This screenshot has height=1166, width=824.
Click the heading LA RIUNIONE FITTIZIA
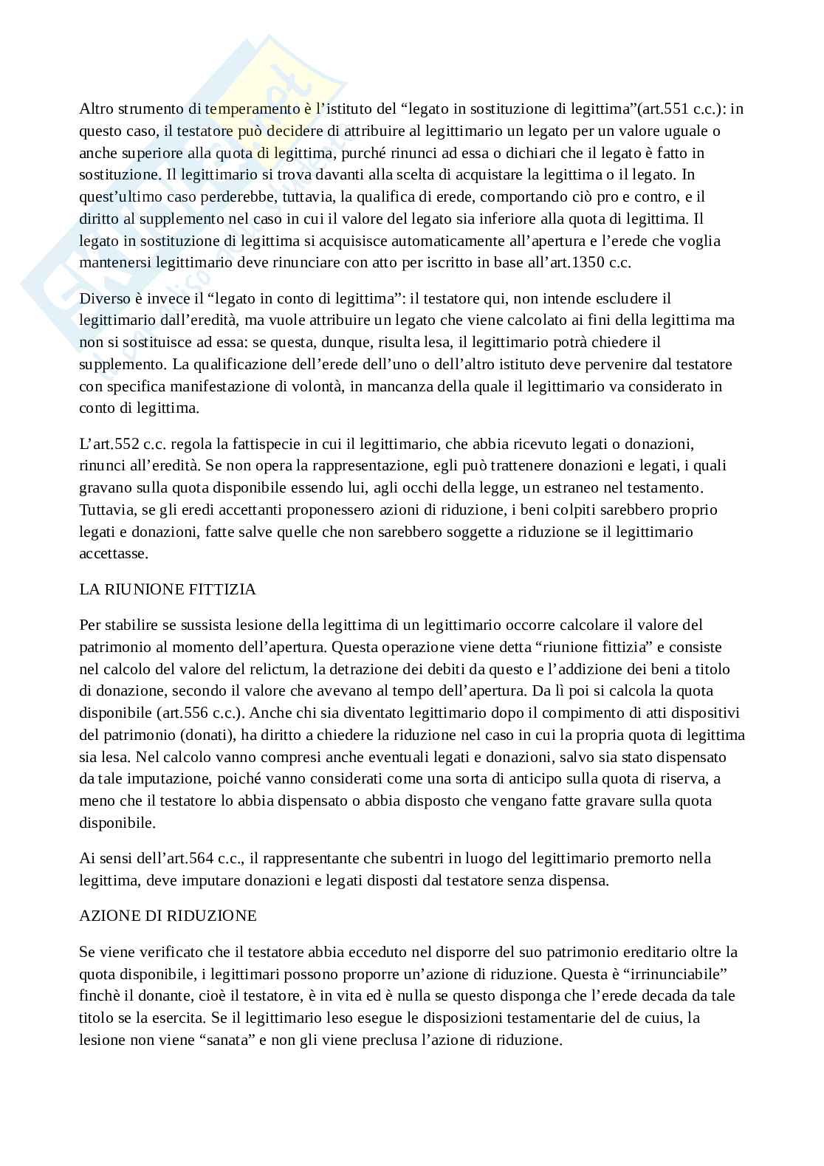tap(168, 589)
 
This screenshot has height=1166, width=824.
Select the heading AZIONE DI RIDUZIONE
tap(168, 916)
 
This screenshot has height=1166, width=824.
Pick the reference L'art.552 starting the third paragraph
tap(110, 445)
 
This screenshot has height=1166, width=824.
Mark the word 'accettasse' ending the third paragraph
tap(114, 554)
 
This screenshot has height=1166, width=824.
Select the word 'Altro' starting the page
tap(96, 109)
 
